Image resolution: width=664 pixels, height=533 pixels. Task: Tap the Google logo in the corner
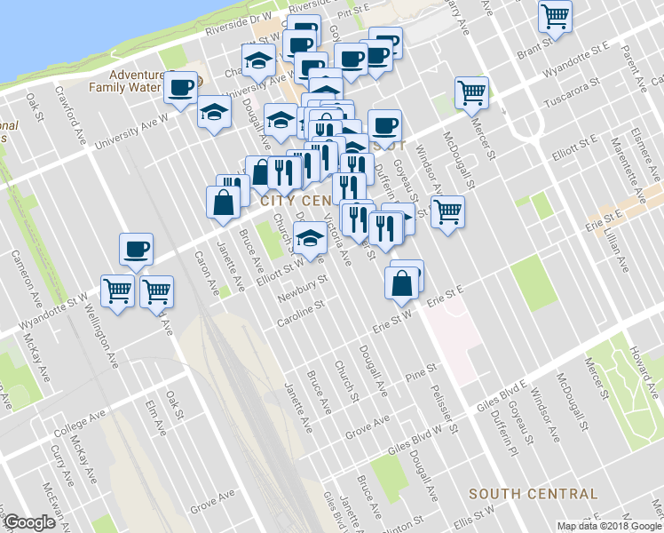point(29,523)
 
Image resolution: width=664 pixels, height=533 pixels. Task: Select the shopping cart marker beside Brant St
point(556,15)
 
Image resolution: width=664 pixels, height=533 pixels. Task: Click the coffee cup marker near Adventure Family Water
point(181,88)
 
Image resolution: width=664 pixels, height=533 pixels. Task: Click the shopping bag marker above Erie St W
point(402,283)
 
